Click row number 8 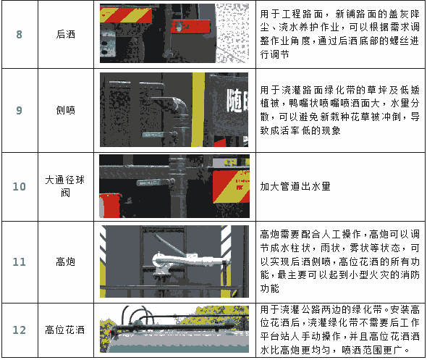[x=19, y=35]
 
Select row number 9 [x=19, y=110]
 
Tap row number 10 [x=19, y=187]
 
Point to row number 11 [x=19, y=262]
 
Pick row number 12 [x=19, y=330]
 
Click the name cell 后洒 [x=65, y=35]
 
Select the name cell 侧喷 [x=65, y=110]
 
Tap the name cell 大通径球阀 [x=65, y=186]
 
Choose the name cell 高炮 [x=65, y=262]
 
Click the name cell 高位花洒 [x=65, y=330]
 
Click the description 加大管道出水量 [x=295, y=187]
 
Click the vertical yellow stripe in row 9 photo [x=198, y=109]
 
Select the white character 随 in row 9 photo [x=234, y=101]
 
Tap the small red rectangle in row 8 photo [x=190, y=26]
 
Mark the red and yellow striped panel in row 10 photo [x=231, y=186]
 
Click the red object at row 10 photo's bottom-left [x=109, y=206]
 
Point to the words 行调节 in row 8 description [x=274, y=54]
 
